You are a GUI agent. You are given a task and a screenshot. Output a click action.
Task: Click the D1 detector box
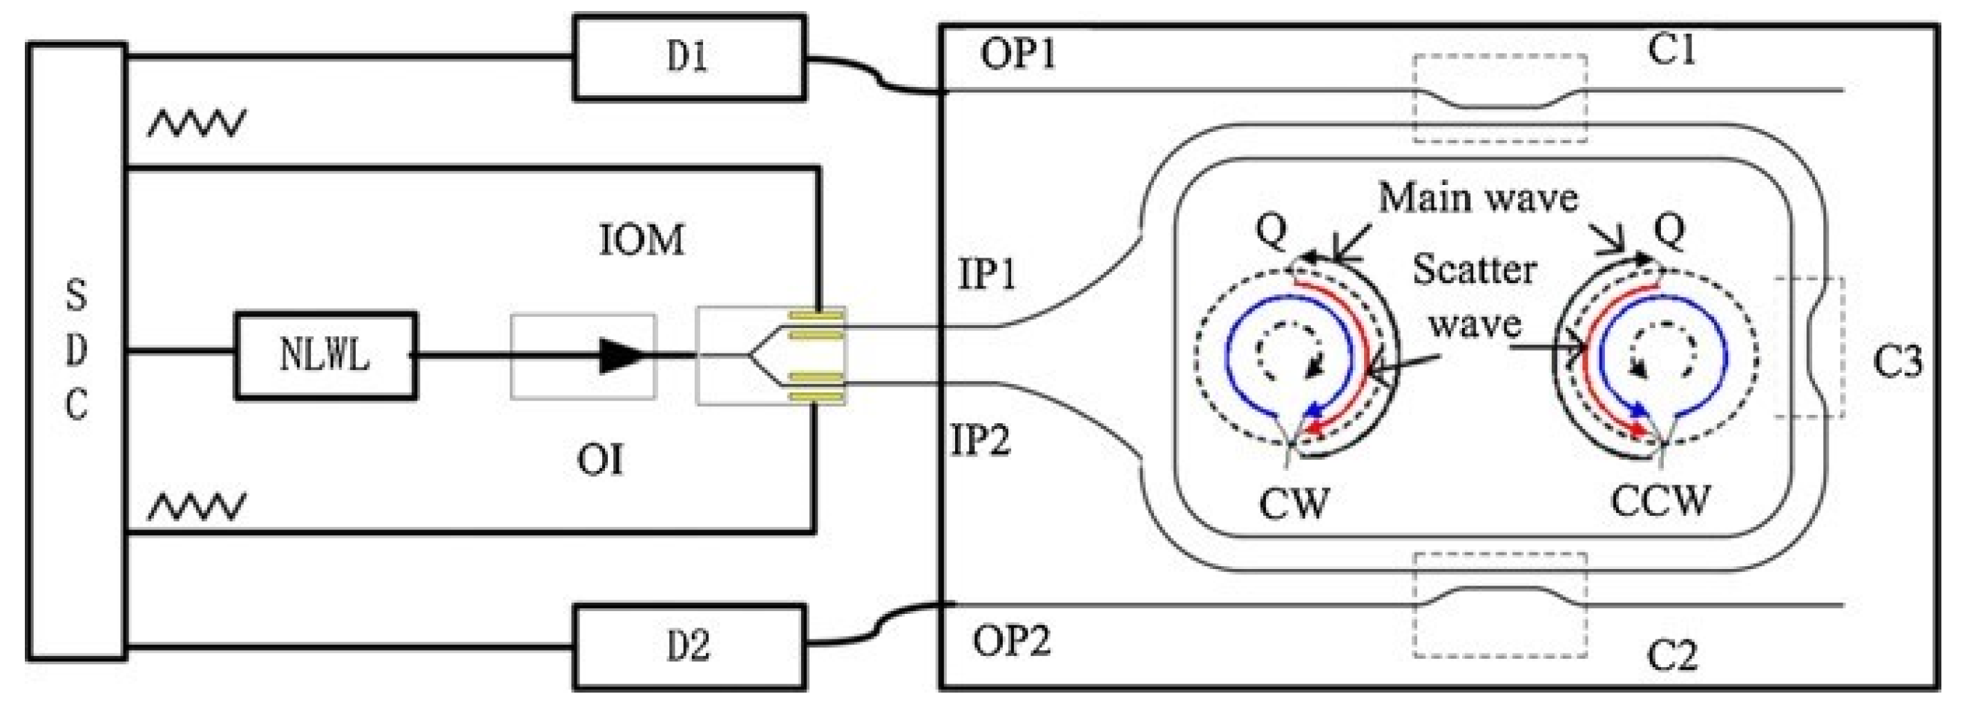[x=689, y=58]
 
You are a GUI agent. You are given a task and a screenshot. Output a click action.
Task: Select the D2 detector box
[x=689, y=647]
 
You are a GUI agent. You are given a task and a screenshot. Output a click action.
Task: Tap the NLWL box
[x=325, y=356]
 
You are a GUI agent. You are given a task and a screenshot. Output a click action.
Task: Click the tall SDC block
[x=77, y=351]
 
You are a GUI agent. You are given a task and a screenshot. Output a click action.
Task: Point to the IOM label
[x=642, y=240]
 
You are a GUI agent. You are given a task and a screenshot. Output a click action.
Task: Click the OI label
[x=600, y=459]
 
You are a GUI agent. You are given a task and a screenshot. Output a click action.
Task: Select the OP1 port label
[x=1017, y=55]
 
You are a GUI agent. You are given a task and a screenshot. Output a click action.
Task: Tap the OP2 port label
[x=1010, y=640]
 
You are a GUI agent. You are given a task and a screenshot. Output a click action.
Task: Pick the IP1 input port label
[x=987, y=273]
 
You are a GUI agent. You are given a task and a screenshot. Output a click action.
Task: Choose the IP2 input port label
[x=980, y=440]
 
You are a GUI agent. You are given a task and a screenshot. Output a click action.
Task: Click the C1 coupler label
[x=1671, y=50]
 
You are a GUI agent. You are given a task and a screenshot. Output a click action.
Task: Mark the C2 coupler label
[x=1671, y=655]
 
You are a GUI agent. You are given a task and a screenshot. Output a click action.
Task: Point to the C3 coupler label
[x=1897, y=361]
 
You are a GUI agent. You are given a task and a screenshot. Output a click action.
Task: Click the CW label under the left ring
[x=1294, y=502]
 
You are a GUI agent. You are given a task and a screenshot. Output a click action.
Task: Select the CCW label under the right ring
[x=1660, y=501]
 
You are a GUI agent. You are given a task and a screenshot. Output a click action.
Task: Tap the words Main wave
[x=1477, y=198]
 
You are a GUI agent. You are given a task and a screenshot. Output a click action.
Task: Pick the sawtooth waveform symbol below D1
[x=196, y=123]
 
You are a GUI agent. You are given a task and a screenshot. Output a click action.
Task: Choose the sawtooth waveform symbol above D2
[x=196, y=506]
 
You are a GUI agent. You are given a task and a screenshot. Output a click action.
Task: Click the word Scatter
[x=1474, y=270]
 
